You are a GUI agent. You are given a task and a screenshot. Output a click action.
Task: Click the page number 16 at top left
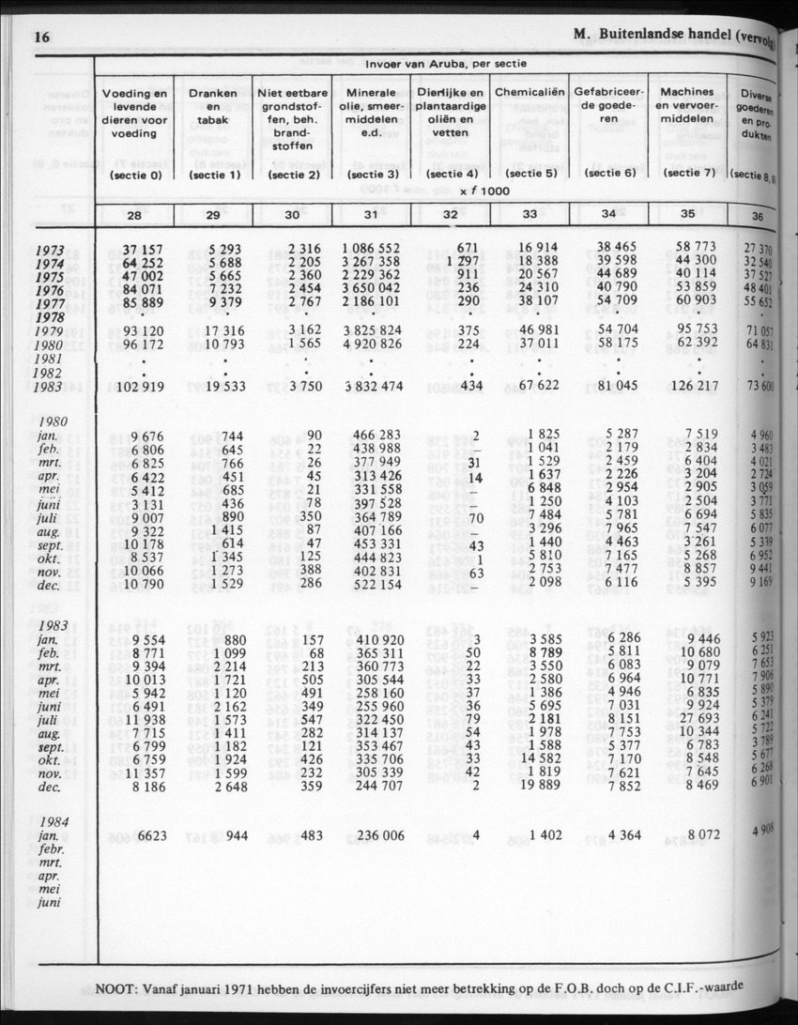pyautogui.click(x=40, y=38)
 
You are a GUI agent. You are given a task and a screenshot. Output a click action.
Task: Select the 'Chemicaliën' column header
pyautogui.click(x=529, y=93)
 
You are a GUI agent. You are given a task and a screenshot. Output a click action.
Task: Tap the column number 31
pyautogui.click(x=371, y=214)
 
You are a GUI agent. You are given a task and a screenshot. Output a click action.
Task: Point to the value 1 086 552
pyautogui.click(x=372, y=249)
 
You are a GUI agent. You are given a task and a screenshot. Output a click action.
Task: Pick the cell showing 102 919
pyautogui.click(x=136, y=388)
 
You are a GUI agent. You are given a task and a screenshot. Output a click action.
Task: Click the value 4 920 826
pyautogui.click(x=372, y=344)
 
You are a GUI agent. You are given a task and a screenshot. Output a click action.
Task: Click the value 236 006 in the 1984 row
pyautogui.click(x=373, y=834)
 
